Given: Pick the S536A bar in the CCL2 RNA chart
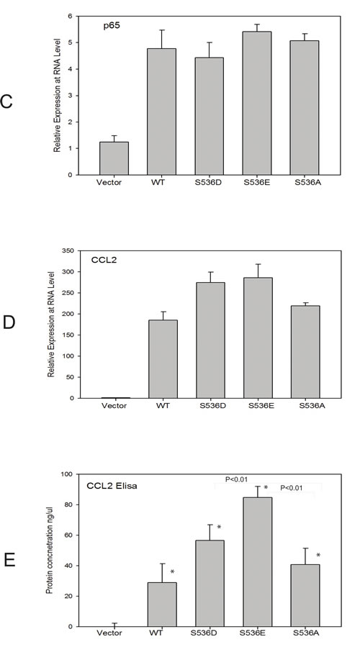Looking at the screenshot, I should coord(305,352).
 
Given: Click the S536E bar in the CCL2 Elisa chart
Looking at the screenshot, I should coord(256,561).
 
